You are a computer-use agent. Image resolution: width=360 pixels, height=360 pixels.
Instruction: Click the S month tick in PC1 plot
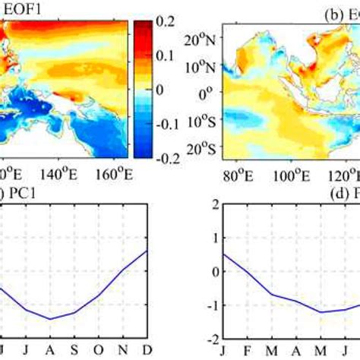(x=74, y=351)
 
